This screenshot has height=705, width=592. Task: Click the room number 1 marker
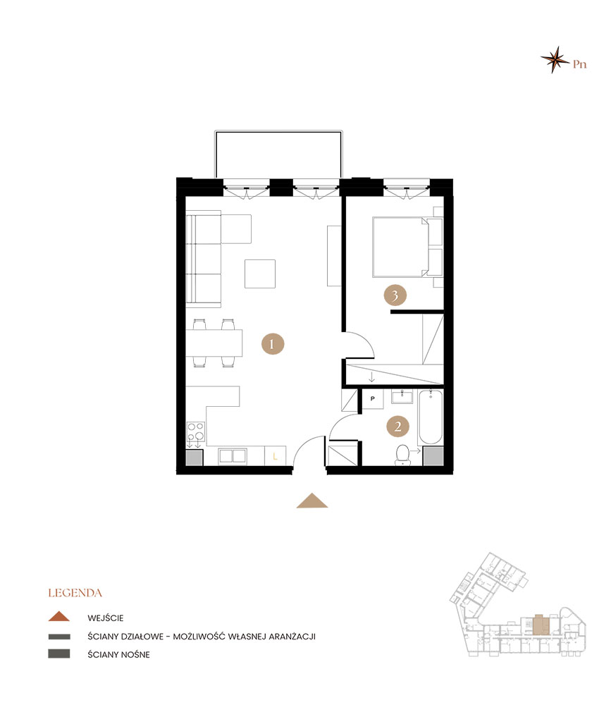[273, 344]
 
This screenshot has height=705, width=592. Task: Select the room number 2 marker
[397, 427]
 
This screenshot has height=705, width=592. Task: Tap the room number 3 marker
[395, 295]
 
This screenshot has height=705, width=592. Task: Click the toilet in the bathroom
[402, 455]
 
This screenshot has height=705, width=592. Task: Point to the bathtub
[431, 417]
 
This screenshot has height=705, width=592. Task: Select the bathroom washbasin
[402, 396]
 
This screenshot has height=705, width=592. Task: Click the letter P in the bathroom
[373, 398]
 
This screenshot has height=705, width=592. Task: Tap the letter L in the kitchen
[275, 457]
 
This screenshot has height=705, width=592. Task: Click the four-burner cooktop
[195, 431]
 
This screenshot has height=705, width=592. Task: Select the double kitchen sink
[233, 456]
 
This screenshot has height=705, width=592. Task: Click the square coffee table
[260, 274]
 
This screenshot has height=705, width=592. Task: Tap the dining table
[214, 343]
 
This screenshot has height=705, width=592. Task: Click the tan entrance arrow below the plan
[312, 501]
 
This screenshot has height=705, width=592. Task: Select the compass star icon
[555, 59]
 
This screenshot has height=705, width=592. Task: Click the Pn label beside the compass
[579, 64]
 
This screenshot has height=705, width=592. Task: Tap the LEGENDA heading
[75, 593]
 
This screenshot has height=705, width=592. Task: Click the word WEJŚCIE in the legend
[105, 618]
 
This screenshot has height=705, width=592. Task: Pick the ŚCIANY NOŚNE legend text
[118, 655]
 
